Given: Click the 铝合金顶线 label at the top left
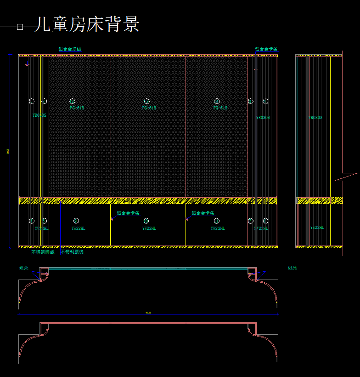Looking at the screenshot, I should [x=69, y=49].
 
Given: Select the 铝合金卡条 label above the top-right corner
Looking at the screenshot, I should [x=266, y=49].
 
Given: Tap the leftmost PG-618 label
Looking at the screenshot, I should [x=77, y=108].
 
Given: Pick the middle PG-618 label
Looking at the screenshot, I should [x=149, y=108].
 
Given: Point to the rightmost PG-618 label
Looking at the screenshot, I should [x=220, y=108].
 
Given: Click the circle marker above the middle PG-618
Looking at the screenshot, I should [x=147, y=101].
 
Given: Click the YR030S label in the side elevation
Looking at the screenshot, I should [x=315, y=118].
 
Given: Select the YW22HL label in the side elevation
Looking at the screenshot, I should [x=317, y=227].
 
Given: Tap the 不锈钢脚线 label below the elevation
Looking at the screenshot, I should [x=43, y=252].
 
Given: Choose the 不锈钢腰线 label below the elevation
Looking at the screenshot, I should [x=72, y=252].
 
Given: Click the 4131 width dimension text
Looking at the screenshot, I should [x=148, y=313].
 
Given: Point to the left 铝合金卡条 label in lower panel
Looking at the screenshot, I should [x=128, y=213].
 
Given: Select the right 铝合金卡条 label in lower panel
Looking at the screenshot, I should [x=203, y=213].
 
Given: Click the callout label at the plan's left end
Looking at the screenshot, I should [x=24, y=268].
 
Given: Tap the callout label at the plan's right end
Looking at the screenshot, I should [x=292, y=268].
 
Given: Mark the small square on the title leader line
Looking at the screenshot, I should [x=20, y=27].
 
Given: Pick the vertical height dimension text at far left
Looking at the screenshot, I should [x=8, y=151].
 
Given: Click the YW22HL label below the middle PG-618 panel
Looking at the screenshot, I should [x=149, y=228].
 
